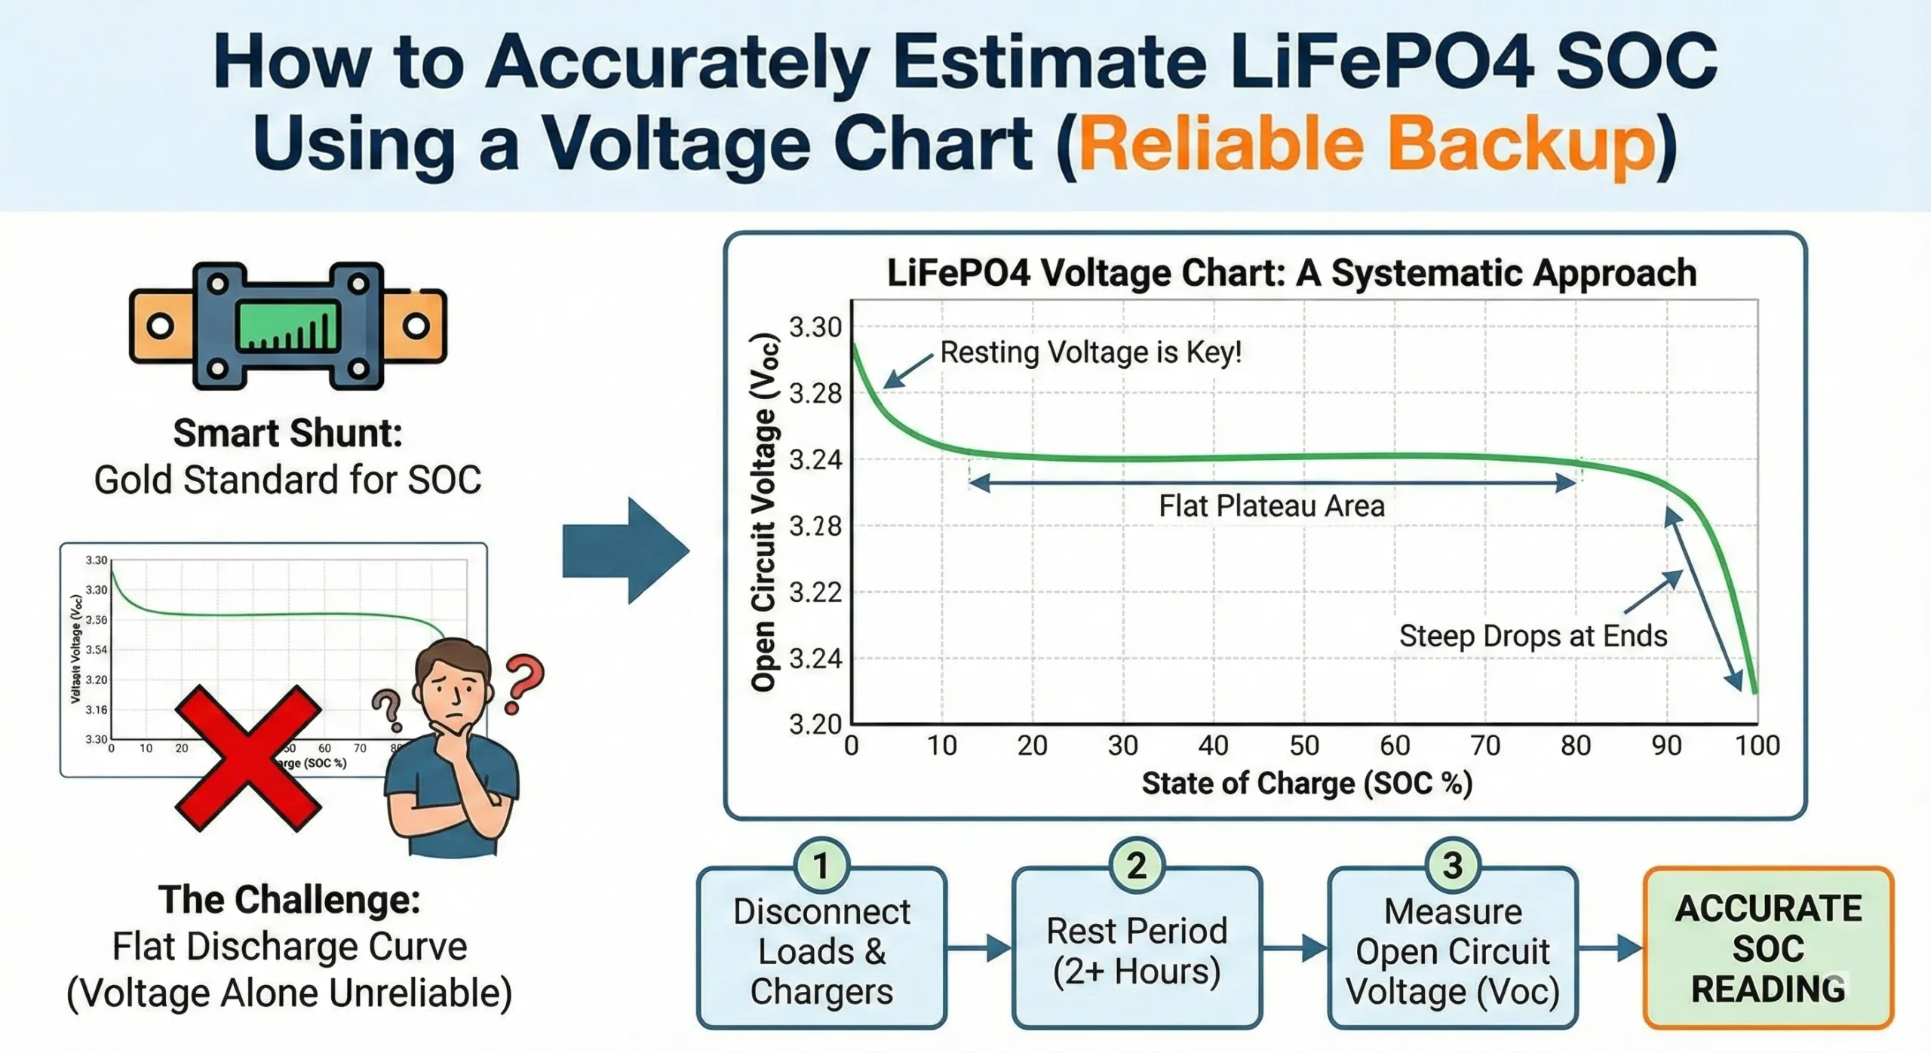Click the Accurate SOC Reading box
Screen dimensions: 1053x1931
(x=1768, y=949)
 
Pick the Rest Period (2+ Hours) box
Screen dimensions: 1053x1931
(x=1137, y=950)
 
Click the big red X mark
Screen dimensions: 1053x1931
(x=248, y=758)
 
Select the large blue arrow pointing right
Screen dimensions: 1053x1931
(x=625, y=551)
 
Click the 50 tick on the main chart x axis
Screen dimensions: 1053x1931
(x=1304, y=746)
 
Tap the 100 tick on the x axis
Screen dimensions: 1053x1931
(x=1757, y=746)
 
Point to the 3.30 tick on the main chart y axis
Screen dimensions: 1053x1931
(x=815, y=328)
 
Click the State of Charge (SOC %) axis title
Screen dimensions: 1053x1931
(x=1306, y=784)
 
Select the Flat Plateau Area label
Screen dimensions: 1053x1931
(x=1272, y=506)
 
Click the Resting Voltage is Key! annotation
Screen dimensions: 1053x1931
(x=1091, y=352)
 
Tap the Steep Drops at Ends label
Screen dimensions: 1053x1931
(x=1533, y=636)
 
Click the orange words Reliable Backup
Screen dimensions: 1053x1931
(x=1367, y=143)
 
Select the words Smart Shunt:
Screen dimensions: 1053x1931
(x=287, y=434)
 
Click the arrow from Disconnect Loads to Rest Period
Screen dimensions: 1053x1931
(x=978, y=948)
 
